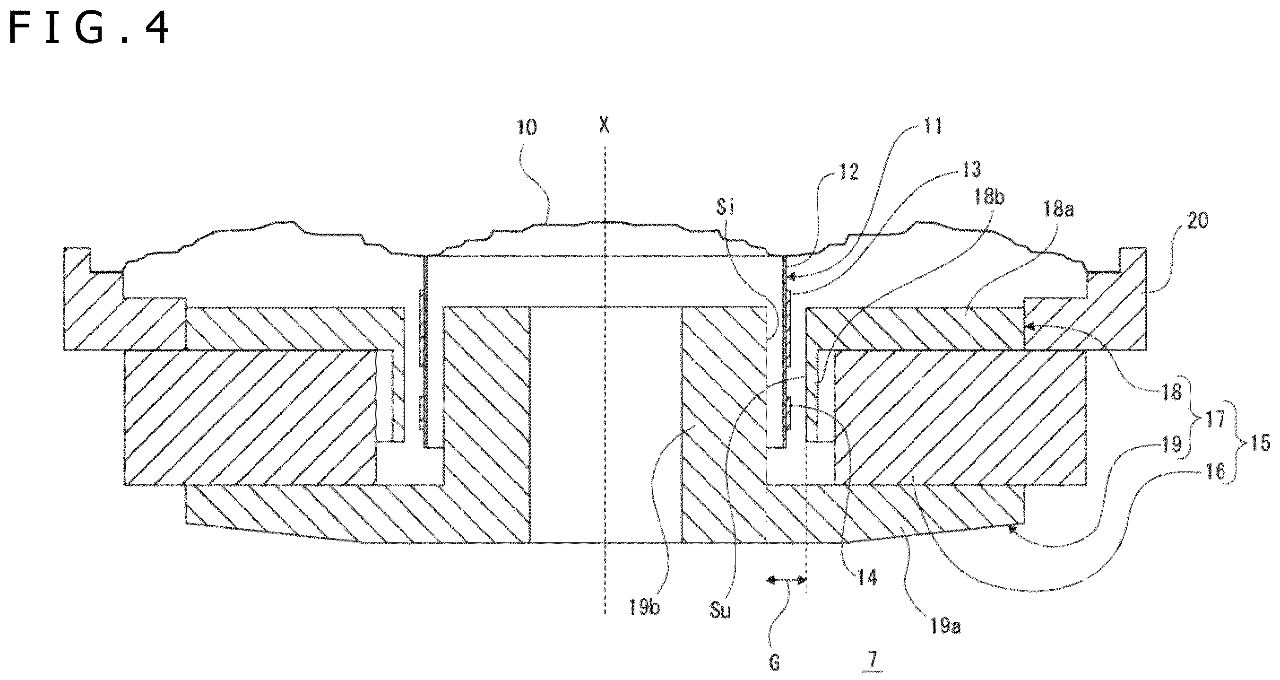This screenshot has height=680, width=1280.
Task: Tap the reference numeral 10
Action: tap(527, 128)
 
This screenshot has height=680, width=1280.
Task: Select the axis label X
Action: tap(604, 125)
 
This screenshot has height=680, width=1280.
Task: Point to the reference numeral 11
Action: tap(932, 127)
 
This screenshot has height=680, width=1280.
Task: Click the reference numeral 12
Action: tap(849, 172)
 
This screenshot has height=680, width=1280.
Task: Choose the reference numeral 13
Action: tap(971, 169)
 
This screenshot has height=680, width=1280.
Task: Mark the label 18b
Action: tap(988, 197)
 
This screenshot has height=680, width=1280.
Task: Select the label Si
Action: tap(725, 207)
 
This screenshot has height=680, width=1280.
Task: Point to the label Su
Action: tap(720, 610)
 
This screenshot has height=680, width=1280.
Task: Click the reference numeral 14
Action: tap(866, 577)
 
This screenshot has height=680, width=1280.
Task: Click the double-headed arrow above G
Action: tap(786, 580)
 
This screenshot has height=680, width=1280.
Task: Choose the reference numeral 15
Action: tap(1260, 443)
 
